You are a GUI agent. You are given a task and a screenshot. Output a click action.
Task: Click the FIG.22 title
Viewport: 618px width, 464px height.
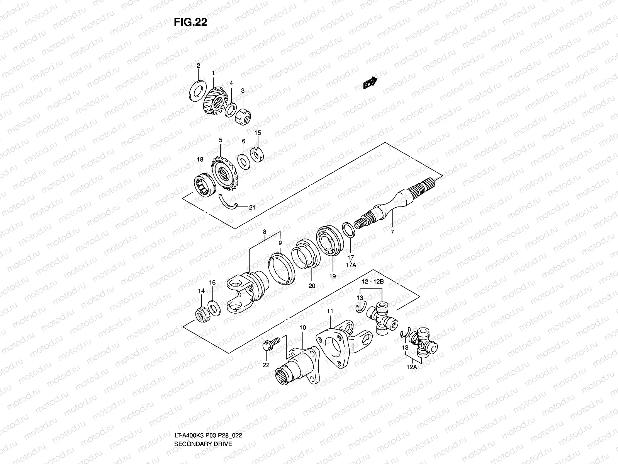tap(190, 22)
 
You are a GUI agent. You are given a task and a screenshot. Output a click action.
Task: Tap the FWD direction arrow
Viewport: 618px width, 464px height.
tap(370, 83)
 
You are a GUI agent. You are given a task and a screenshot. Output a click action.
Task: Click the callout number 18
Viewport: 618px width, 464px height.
tap(199, 159)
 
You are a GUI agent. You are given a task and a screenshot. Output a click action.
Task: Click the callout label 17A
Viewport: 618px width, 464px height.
tap(351, 266)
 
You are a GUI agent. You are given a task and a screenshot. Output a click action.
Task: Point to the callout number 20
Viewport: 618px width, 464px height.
tap(312, 286)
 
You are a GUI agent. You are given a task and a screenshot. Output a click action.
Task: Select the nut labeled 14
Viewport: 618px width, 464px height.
tap(202, 313)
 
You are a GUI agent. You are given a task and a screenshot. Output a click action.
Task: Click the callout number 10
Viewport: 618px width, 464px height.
tap(302, 328)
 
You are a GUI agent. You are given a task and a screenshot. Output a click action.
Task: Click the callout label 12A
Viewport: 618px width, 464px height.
tap(412, 367)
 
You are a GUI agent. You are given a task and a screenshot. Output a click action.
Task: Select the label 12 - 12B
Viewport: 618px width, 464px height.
tap(372, 281)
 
